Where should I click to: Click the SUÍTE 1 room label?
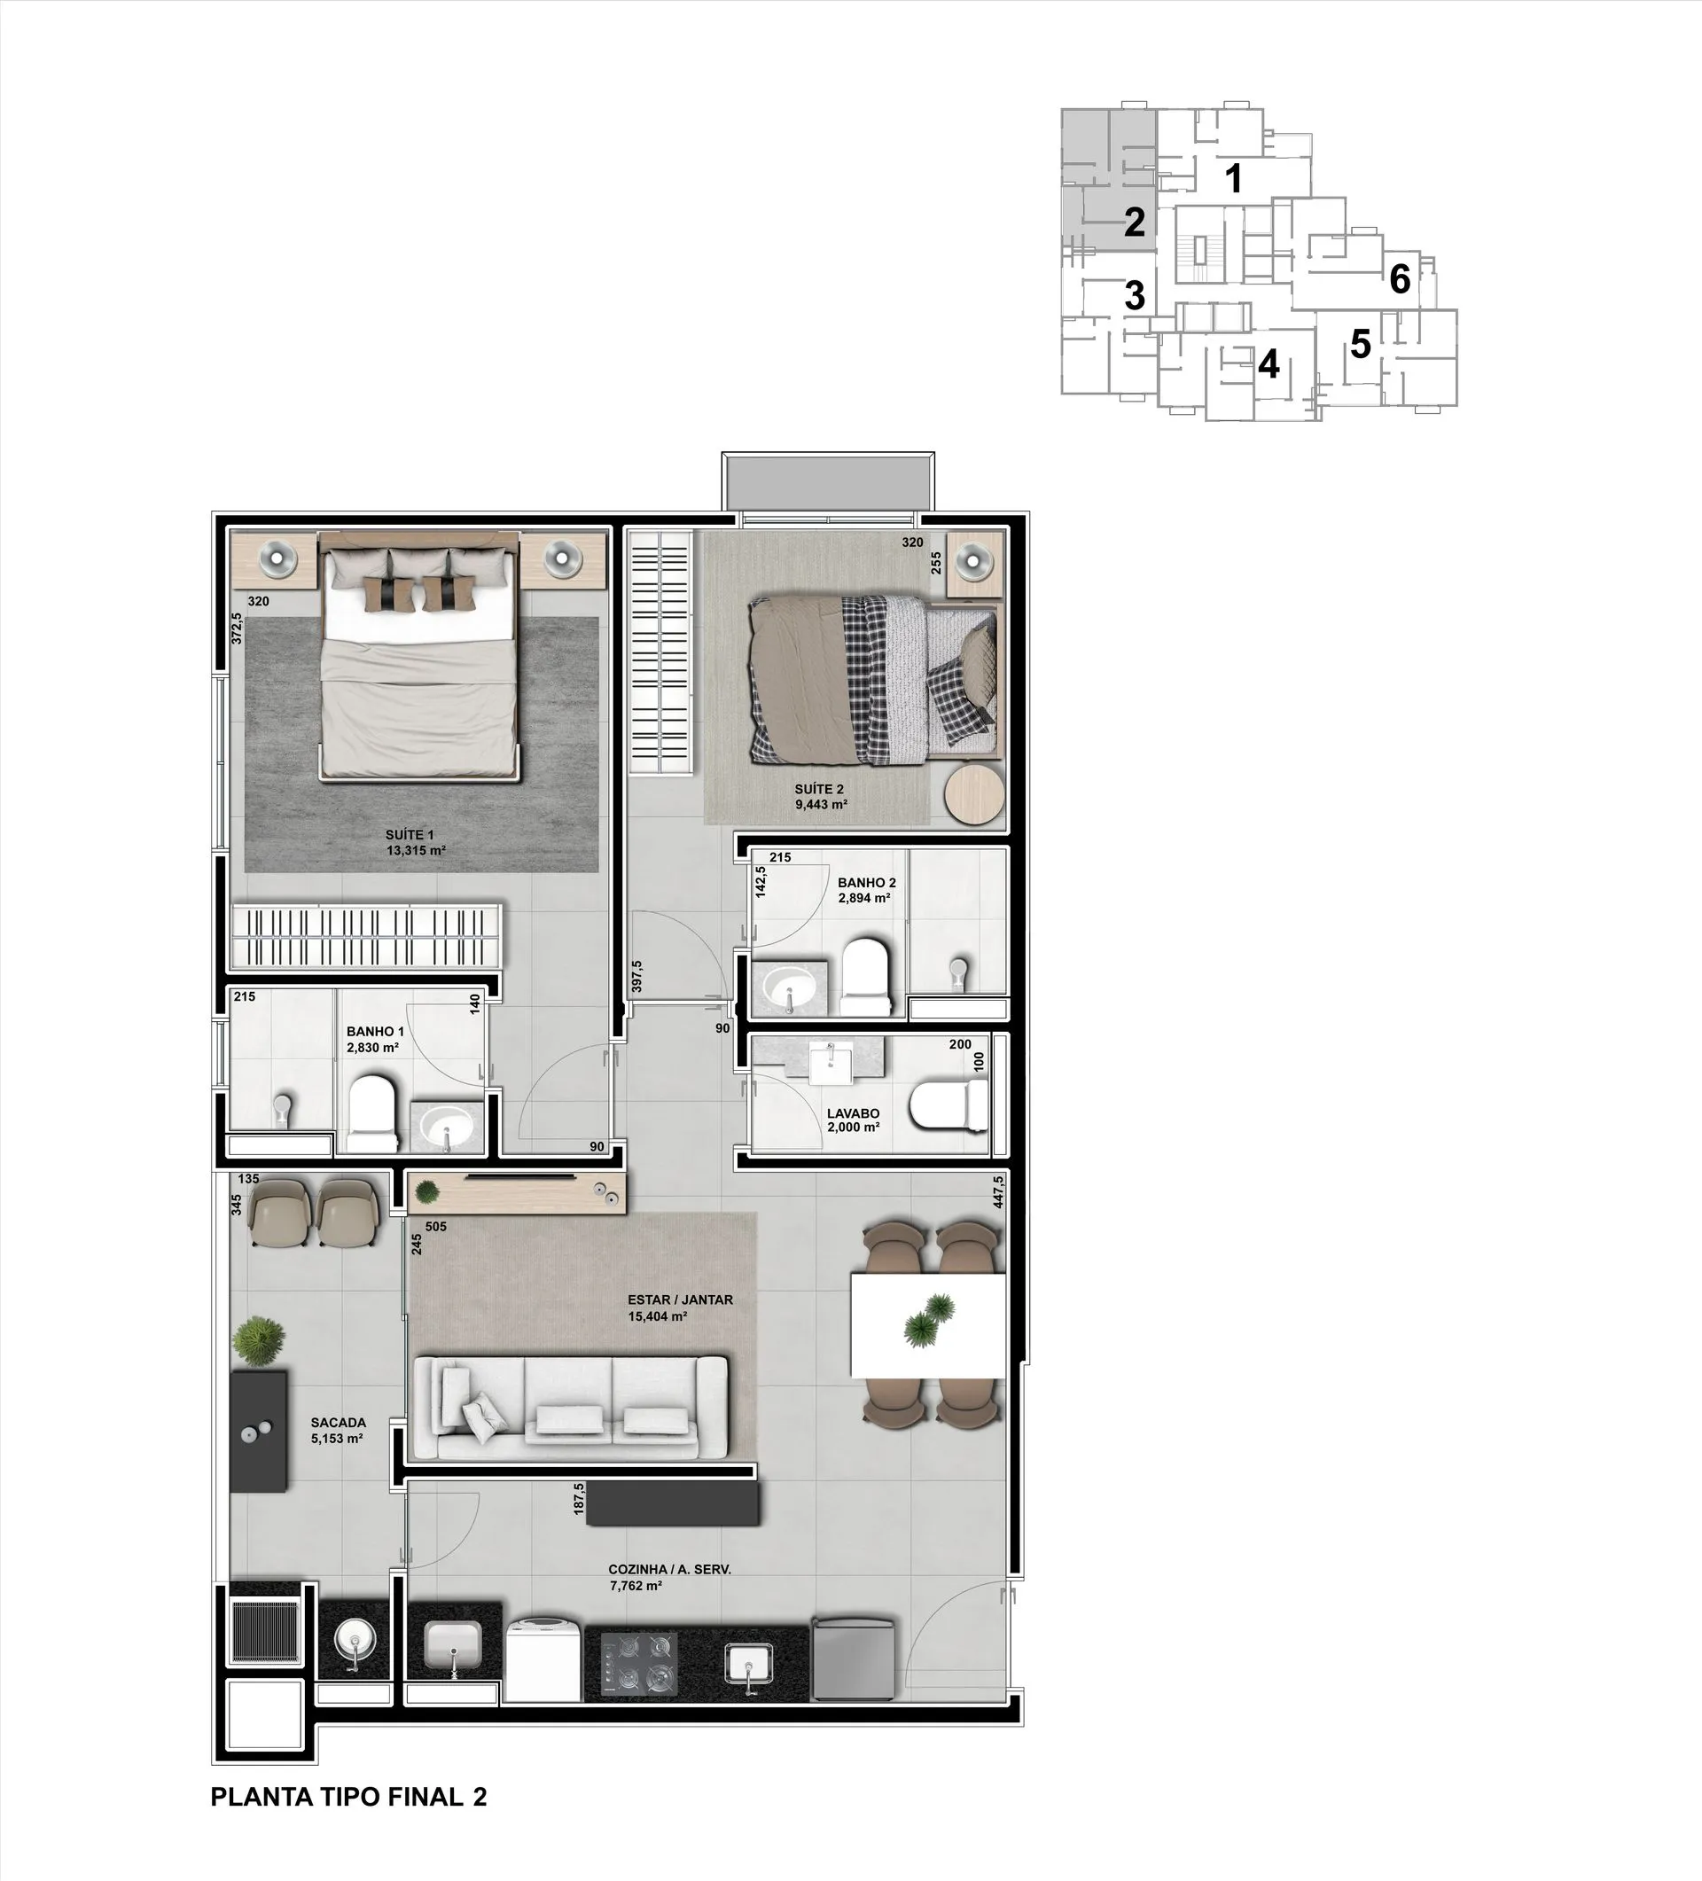tap(410, 835)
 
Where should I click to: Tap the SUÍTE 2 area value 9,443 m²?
tap(821, 804)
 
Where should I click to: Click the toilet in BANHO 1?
tap(372, 1114)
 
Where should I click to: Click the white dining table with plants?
tap(928, 1325)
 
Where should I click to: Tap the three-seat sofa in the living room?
tap(570, 1409)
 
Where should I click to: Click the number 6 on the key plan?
tap(1400, 278)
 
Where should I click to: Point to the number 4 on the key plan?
tap(1269, 364)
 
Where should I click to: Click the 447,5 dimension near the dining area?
tap(998, 1191)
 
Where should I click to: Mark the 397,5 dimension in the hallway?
tap(636, 977)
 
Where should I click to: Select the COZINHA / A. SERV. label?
tap(670, 1569)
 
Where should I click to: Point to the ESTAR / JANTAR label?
tap(680, 1300)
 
